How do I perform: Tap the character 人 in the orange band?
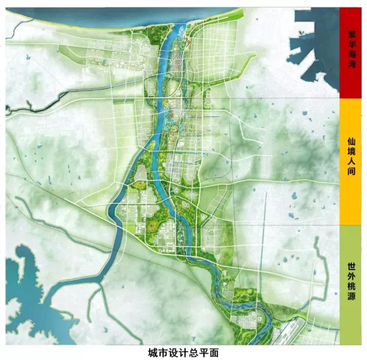pos(352,161)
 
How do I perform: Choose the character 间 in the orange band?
pos(352,172)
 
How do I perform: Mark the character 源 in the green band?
pos(352,297)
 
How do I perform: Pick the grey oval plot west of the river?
pos(141,172)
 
